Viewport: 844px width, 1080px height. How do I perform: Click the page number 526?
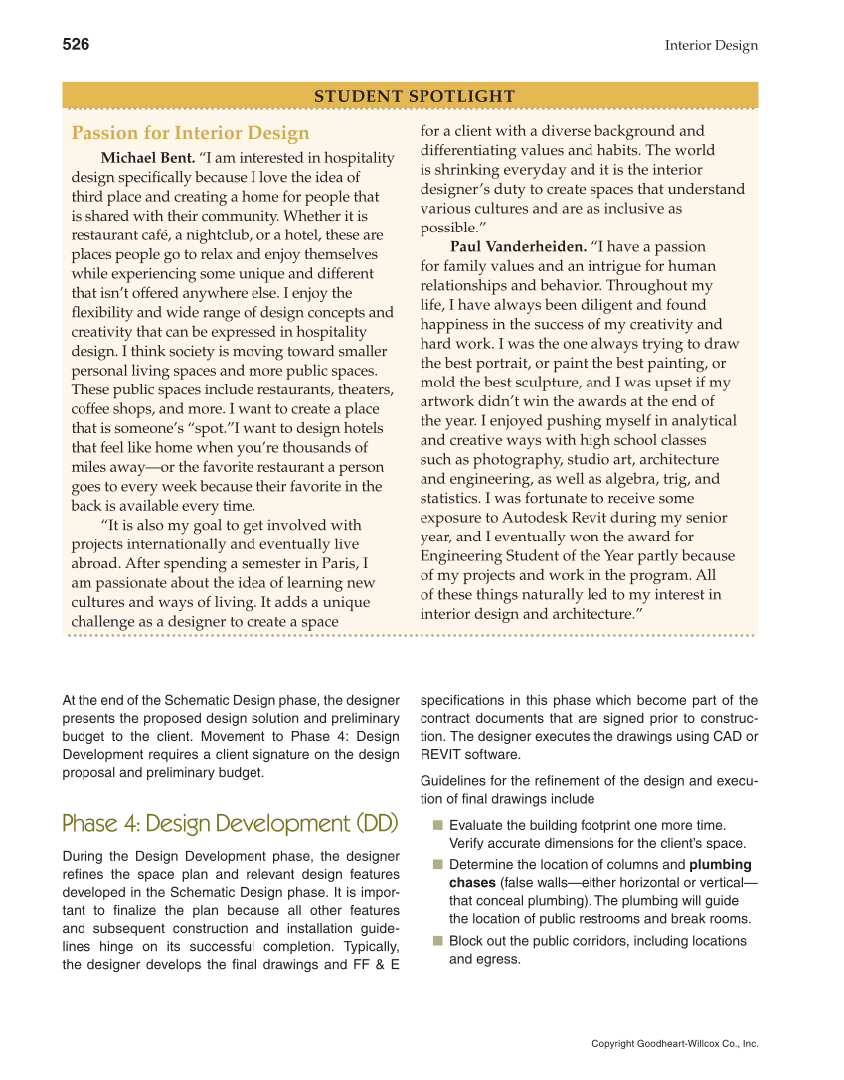point(76,44)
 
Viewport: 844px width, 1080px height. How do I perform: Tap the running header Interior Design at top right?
point(711,45)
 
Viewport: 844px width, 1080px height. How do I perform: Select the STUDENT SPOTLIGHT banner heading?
point(415,96)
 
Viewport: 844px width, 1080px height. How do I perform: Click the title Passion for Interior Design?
point(191,133)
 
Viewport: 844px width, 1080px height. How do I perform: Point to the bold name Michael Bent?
point(148,158)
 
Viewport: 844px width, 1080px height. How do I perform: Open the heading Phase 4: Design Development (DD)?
point(230,823)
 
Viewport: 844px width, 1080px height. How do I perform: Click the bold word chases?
point(472,883)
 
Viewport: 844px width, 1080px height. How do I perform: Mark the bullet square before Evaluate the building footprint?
point(438,825)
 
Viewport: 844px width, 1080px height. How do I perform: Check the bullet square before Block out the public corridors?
point(438,940)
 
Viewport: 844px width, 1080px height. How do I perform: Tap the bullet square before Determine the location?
point(438,864)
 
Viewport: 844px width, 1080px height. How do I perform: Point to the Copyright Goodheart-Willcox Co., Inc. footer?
point(674,1043)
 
